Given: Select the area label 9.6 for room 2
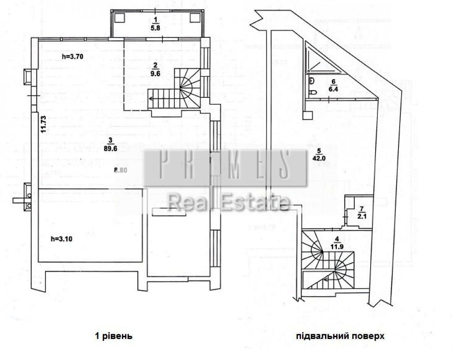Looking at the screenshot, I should point(155,73).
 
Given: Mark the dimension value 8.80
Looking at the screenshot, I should point(121,170).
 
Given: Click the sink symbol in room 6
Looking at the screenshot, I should point(311,81).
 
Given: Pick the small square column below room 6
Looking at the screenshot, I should point(307,115).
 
